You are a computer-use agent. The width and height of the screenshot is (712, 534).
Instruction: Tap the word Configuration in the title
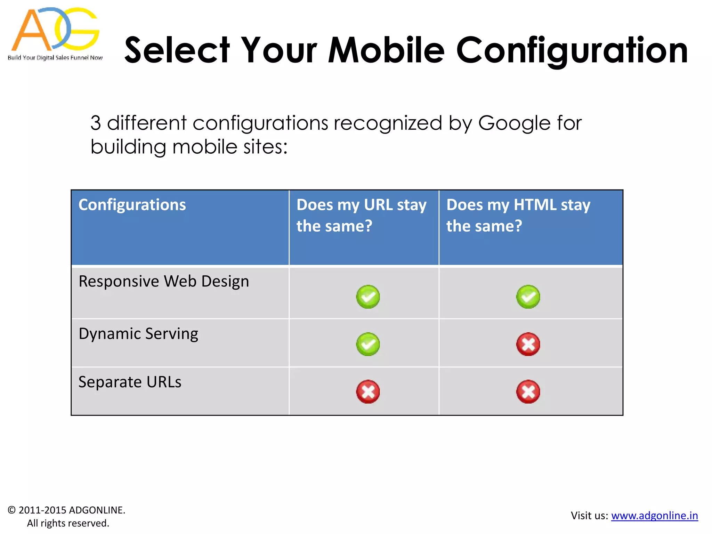click(x=572, y=50)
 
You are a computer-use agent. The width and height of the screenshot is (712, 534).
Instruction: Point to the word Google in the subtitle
click(x=514, y=123)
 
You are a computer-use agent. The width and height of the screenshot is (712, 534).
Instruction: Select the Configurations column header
click(x=132, y=205)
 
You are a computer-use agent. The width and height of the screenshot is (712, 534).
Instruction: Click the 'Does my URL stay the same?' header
click(x=361, y=215)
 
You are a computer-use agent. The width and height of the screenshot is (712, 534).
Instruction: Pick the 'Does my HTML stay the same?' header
click(x=518, y=215)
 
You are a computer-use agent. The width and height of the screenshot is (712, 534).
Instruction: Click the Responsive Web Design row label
click(x=164, y=281)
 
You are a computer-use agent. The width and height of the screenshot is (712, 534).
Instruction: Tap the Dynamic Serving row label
click(x=138, y=334)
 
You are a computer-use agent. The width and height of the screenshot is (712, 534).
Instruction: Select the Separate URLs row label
click(x=130, y=382)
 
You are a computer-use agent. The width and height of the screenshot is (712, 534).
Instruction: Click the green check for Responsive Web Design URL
click(x=368, y=297)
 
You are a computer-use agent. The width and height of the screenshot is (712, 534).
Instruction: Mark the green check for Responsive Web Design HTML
click(x=528, y=297)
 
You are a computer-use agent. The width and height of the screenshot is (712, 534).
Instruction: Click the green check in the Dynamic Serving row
click(x=368, y=344)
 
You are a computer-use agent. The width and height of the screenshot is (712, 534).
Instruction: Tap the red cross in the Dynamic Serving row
click(x=528, y=344)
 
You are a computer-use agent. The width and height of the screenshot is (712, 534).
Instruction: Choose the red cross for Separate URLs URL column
click(x=368, y=392)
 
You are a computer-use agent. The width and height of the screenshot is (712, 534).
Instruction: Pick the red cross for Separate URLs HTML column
click(x=528, y=392)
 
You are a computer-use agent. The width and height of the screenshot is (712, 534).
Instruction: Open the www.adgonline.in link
click(x=654, y=516)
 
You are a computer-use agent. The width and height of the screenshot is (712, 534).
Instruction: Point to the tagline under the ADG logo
click(x=55, y=58)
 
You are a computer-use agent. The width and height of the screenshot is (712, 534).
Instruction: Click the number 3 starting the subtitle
click(x=96, y=123)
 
